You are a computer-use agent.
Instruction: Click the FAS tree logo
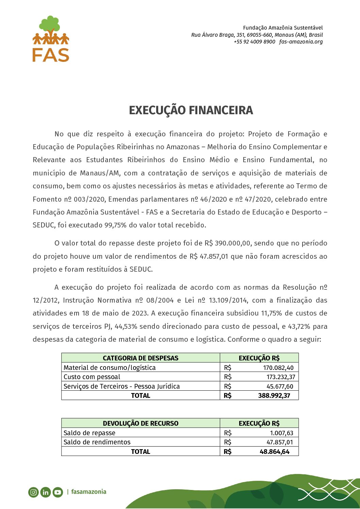click(51, 38)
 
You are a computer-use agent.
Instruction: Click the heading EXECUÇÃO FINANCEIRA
click(191, 110)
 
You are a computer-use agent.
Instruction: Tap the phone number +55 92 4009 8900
click(254, 42)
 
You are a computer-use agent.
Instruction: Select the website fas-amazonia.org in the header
click(301, 42)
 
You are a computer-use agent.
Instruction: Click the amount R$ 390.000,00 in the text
click(227, 243)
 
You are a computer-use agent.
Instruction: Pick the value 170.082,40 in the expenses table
click(278, 368)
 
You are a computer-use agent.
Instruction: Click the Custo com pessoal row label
click(92, 377)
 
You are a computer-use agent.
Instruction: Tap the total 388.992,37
click(274, 395)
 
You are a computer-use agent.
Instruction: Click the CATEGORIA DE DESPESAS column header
click(141, 358)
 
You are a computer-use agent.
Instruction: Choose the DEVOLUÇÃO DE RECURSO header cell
click(141, 423)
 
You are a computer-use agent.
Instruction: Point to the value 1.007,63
click(281, 433)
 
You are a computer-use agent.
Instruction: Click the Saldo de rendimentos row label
click(97, 442)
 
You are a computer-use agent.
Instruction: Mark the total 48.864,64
click(274, 452)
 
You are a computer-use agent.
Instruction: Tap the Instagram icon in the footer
click(33, 492)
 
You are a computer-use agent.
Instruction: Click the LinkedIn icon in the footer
click(45, 492)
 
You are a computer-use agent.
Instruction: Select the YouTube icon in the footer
click(58, 492)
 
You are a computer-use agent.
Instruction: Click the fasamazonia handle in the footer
click(88, 492)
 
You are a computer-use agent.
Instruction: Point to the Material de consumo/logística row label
click(110, 368)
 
